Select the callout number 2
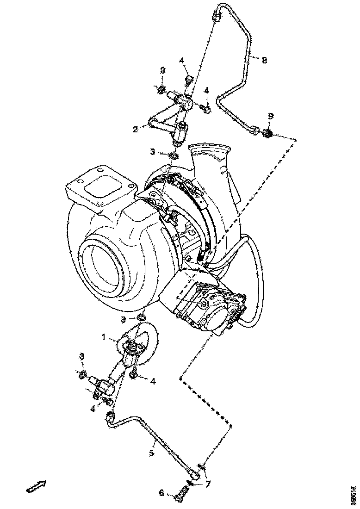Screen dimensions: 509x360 [136, 130]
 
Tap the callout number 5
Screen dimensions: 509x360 [152, 453]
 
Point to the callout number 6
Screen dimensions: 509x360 [161, 493]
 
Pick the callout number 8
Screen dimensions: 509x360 [264, 60]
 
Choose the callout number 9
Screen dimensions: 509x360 [271, 115]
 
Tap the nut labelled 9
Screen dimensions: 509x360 [266, 134]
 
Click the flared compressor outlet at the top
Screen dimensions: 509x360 [211, 153]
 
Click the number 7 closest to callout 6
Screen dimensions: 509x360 [208, 484]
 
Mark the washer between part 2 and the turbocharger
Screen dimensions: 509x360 [173, 155]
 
